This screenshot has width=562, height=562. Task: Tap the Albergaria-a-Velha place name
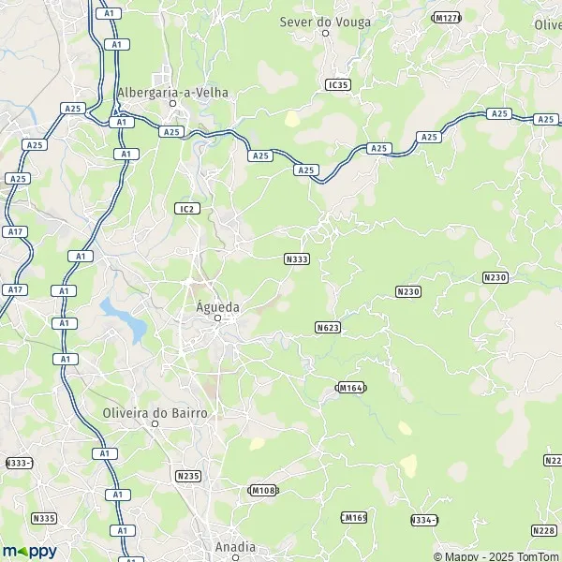pyautogui.click(x=173, y=92)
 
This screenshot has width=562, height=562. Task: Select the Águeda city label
pyautogui.click(x=217, y=306)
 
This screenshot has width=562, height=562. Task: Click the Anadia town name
pyautogui.click(x=234, y=547)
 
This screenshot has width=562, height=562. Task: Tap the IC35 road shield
pyautogui.click(x=338, y=85)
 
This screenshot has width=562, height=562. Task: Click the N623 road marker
pyautogui.click(x=328, y=327)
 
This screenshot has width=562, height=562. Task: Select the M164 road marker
pyautogui.click(x=350, y=387)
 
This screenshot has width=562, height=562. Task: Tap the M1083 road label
pyautogui.click(x=264, y=490)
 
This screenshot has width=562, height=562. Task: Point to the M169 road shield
pyautogui.click(x=353, y=517)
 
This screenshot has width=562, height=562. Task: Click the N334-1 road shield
pyautogui.click(x=424, y=519)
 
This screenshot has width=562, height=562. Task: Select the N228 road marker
pyautogui.click(x=544, y=531)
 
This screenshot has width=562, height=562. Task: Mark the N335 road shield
pyautogui.click(x=43, y=518)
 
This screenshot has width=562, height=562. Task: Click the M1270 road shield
pyautogui.click(x=446, y=18)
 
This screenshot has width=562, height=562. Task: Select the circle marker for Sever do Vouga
pyautogui.click(x=326, y=33)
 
